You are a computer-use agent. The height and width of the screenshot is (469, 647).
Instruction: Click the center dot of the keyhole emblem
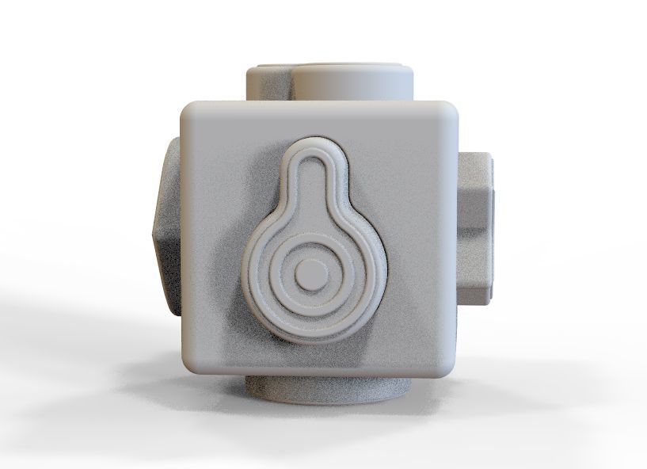[x=310, y=275]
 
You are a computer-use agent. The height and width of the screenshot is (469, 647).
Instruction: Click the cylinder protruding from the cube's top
[x=348, y=82]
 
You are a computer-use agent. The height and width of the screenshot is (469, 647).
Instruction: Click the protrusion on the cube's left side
[x=166, y=230]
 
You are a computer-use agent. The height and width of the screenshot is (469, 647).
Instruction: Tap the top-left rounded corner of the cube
[x=190, y=110]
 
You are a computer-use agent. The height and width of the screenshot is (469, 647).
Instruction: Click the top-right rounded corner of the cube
[x=451, y=110]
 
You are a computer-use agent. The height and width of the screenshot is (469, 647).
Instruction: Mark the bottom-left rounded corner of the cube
[x=192, y=365]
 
